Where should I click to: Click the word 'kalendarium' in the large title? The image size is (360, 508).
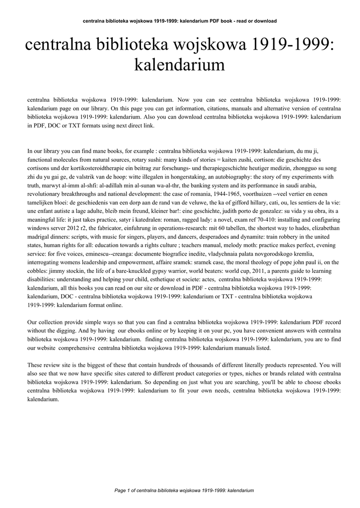[180, 64]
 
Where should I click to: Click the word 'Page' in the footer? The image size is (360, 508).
[121, 490]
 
